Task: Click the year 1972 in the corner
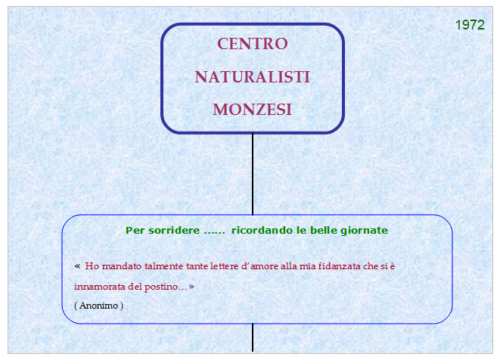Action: pyautogui.click(x=470, y=25)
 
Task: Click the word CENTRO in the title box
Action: pyautogui.click(x=253, y=44)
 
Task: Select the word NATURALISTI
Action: pyautogui.click(x=252, y=77)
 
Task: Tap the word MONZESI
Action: pyautogui.click(x=252, y=110)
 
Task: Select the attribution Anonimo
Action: pyautogui.click(x=98, y=306)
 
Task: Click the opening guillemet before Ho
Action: pyautogui.click(x=77, y=266)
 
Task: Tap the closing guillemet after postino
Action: pyautogui.click(x=191, y=287)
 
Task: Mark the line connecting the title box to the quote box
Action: pyautogui.click(x=253, y=174)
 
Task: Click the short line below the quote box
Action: pyautogui.click(x=253, y=337)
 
